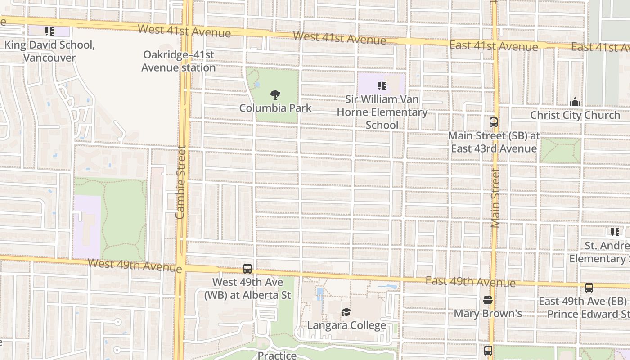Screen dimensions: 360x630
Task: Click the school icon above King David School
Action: (x=49, y=31)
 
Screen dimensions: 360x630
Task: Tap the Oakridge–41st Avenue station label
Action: (x=179, y=61)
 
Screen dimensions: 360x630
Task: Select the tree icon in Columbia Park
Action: (x=275, y=95)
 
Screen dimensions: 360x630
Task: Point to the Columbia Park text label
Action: (x=275, y=108)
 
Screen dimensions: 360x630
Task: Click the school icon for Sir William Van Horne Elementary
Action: (x=382, y=86)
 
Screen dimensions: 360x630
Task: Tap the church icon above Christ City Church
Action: (x=575, y=102)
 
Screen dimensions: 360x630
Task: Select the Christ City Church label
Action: (x=575, y=115)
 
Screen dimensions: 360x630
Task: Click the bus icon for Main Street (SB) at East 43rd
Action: (x=494, y=122)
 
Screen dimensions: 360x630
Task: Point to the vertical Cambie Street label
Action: (x=180, y=182)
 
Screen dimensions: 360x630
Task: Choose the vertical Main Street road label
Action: (x=495, y=198)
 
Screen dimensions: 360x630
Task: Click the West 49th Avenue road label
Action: (x=135, y=265)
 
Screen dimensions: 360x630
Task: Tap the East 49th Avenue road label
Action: (x=470, y=282)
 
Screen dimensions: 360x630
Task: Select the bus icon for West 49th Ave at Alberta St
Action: (x=247, y=269)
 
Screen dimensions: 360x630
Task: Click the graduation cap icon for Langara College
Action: (x=346, y=312)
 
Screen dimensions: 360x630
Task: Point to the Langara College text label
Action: (x=346, y=325)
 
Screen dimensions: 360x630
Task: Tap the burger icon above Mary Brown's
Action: (x=488, y=300)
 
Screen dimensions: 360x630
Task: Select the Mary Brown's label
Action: (x=488, y=313)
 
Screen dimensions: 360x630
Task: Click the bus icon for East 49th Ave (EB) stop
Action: (x=589, y=288)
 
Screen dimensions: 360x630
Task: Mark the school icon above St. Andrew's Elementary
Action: (x=615, y=232)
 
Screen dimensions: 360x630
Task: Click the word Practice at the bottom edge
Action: (x=277, y=355)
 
